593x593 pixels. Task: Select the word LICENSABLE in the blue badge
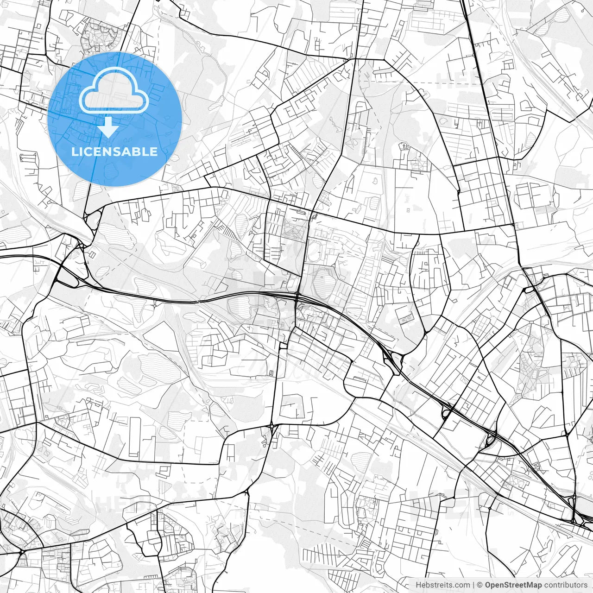(x=114, y=152)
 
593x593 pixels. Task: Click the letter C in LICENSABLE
(x=92, y=152)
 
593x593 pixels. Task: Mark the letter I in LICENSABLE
(x=83, y=152)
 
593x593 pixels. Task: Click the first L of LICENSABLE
(x=76, y=152)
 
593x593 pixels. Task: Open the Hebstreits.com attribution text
(x=442, y=585)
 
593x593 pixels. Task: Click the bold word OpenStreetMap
(x=513, y=585)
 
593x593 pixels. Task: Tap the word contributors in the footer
(x=566, y=585)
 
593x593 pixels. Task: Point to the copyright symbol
(x=480, y=585)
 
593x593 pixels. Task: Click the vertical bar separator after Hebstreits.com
(x=473, y=585)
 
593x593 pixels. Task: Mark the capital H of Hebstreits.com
(x=418, y=585)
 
